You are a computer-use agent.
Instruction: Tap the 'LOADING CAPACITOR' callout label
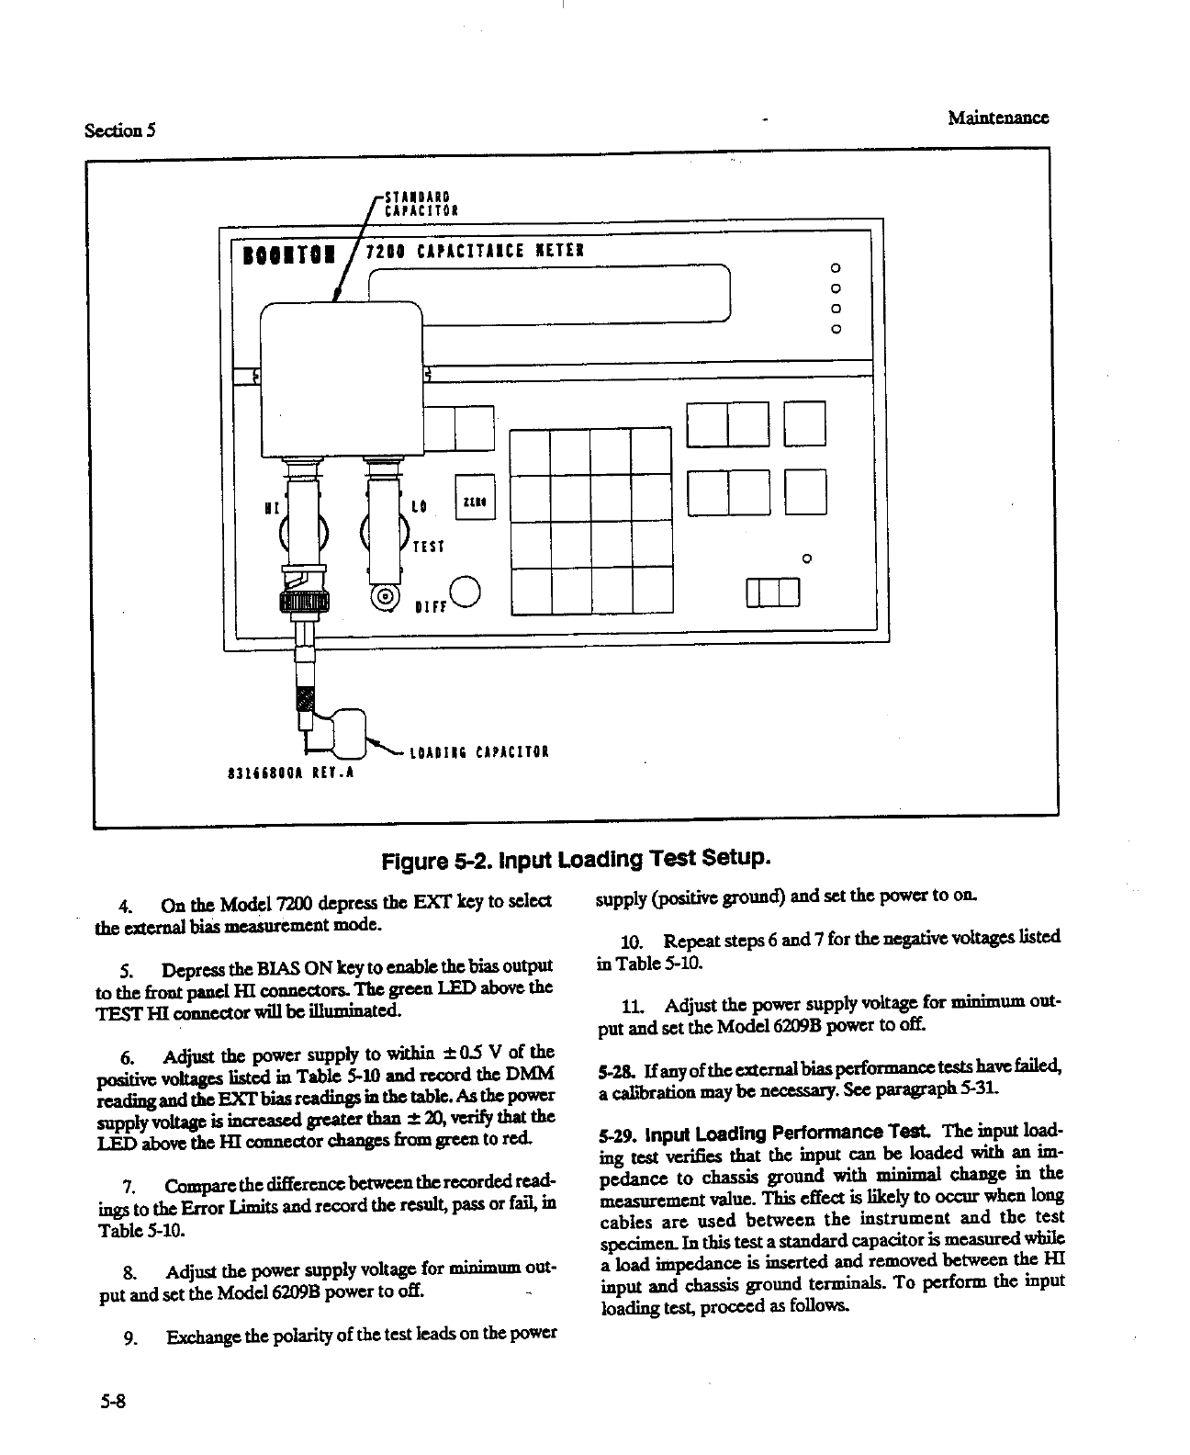(x=478, y=755)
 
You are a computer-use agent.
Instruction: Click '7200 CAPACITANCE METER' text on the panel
(x=474, y=251)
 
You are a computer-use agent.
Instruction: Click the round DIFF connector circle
(x=466, y=591)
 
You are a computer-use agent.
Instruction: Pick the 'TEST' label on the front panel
(x=428, y=547)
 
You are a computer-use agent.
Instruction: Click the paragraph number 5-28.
(x=612, y=1068)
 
